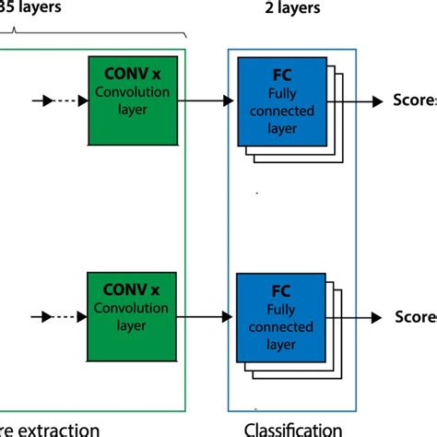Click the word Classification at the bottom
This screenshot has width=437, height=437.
point(293,429)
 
